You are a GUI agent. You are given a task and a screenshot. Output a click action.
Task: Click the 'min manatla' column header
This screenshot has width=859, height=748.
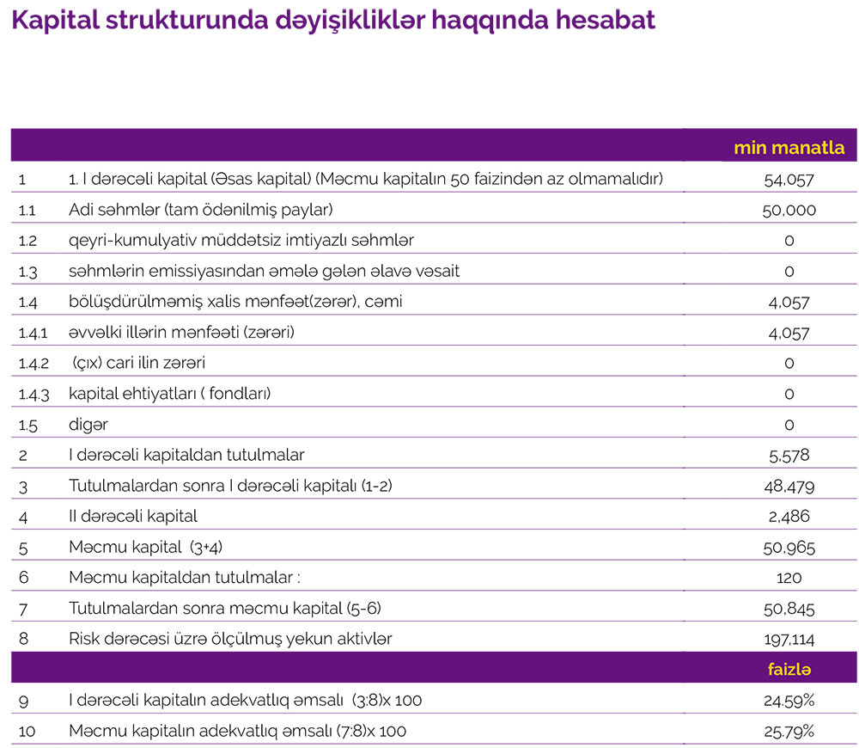(x=789, y=148)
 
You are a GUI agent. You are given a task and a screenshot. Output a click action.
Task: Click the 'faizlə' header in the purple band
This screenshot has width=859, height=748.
(x=789, y=669)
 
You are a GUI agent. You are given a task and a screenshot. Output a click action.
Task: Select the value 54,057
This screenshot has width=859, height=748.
(x=789, y=180)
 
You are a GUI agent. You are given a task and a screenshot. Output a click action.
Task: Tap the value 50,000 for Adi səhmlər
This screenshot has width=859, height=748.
(x=789, y=210)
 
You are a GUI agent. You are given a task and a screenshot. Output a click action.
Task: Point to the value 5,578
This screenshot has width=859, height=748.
(x=789, y=455)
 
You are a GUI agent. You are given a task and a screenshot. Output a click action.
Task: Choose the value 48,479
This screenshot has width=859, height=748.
(x=789, y=487)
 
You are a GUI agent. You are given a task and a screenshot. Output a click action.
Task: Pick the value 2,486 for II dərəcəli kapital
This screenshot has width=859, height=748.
(x=789, y=517)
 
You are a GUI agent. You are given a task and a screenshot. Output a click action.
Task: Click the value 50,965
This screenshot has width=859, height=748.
(x=789, y=548)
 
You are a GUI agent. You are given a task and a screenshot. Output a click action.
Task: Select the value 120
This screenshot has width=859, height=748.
(x=789, y=578)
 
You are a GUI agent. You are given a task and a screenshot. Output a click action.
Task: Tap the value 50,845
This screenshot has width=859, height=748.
(x=789, y=609)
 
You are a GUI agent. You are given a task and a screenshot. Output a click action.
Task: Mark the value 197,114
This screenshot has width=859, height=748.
(x=789, y=639)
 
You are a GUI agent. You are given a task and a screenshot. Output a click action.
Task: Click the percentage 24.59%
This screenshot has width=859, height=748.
(x=789, y=701)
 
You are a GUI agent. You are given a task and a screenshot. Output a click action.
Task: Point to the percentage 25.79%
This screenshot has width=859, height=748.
(x=789, y=732)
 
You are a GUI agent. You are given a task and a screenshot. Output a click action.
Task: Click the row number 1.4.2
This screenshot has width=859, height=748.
(x=34, y=363)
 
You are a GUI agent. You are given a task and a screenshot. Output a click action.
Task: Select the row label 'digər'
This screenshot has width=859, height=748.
(x=88, y=425)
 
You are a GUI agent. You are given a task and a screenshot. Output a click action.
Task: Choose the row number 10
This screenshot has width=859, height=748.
(x=26, y=732)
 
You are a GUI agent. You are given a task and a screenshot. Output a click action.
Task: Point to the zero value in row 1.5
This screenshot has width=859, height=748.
(x=789, y=425)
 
